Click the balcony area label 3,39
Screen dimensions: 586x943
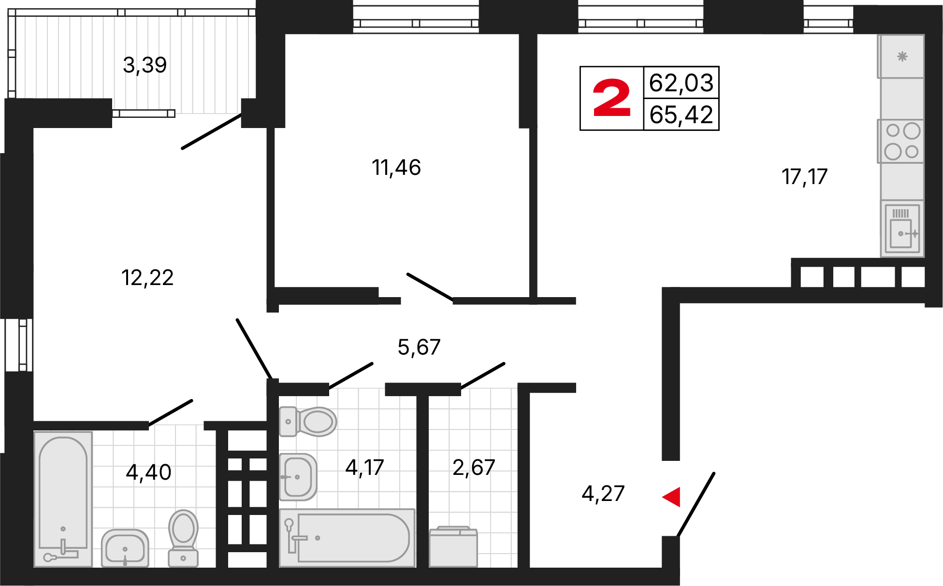click(145, 65)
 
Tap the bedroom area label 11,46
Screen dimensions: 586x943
click(396, 168)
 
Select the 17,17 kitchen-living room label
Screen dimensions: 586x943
click(804, 177)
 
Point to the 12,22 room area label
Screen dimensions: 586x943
click(147, 278)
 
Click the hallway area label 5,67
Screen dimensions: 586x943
click(419, 347)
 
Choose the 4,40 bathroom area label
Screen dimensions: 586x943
click(148, 472)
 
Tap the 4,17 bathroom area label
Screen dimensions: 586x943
click(364, 468)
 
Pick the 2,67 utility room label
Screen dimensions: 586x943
click(474, 468)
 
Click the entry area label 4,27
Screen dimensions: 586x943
click(603, 494)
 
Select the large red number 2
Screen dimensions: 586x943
click(611, 99)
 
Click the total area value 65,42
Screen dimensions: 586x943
click(681, 115)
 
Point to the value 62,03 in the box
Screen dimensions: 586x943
click(681, 83)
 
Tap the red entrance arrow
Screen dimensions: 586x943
click(671, 497)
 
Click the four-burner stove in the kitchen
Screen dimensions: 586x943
click(902, 141)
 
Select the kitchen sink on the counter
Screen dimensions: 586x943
click(902, 230)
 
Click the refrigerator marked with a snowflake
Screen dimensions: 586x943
click(902, 57)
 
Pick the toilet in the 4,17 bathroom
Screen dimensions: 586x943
click(309, 421)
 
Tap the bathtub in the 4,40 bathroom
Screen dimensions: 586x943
click(63, 498)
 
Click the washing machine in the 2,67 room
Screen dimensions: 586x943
click(453, 546)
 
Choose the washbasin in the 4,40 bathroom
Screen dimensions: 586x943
click(125, 548)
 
